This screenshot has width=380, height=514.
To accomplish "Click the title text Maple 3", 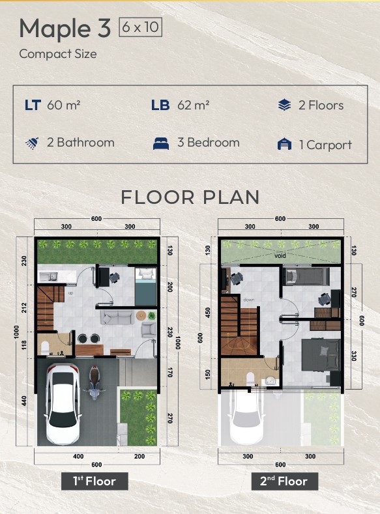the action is tap(65, 29).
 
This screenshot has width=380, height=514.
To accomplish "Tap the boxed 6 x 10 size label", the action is tap(140, 27).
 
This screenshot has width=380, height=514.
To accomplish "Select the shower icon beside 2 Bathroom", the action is tap(32, 143).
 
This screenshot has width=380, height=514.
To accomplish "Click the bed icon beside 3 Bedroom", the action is tap(161, 143).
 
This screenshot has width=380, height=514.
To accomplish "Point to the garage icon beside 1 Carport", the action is tap(284, 144).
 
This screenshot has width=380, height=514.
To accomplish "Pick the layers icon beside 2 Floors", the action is tap(284, 106).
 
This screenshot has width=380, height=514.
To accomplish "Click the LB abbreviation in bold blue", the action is tap(160, 106).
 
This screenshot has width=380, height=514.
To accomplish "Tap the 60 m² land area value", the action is tap(64, 106).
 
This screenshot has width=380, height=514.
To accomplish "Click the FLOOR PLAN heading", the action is tap(190, 197).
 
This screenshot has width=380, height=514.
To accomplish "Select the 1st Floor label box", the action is tap(95, 481).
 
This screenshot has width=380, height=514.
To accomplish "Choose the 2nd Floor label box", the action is tap(284, 481).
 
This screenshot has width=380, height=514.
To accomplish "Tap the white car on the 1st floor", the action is tap(63, 403).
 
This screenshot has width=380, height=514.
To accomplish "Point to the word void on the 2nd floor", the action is tap(280, 255).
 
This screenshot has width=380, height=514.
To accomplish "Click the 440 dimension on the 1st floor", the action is tap(24, 401).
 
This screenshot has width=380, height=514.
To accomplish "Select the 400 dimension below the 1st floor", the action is tap(78, 456).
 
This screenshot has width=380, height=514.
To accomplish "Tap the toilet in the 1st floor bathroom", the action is tap(45, 348).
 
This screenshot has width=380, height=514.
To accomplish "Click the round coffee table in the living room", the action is tap(141, 315).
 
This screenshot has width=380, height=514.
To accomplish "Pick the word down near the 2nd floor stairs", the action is tap(249, 300).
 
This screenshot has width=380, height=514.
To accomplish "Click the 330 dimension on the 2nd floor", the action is tap(354, 356).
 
